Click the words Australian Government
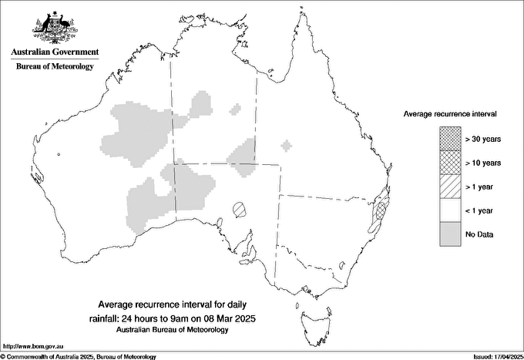point(55,52)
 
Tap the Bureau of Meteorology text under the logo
point(55,67)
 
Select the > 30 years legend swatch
point(449,140)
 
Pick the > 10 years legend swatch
point(449,163)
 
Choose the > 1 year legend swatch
point(449,187)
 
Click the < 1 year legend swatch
point(449,210)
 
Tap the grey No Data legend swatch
point(449,234)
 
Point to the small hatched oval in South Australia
point(240,208)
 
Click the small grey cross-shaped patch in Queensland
point(287,145)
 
